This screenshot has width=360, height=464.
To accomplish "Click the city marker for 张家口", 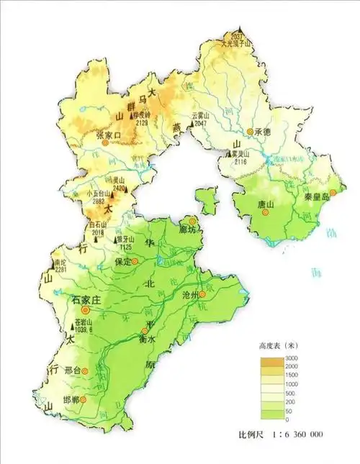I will pyautogui.click(x=106, y=143).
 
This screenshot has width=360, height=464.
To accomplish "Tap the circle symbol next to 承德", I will pyautogui.click(x=250, y=132).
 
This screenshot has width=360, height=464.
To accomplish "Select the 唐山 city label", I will pyautogui.click(x=266, y=205).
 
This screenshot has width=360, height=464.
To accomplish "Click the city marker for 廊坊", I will pyautogui.click(x=192, y=220).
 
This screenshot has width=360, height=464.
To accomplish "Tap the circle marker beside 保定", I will pyautogui.click(x=134, y=263).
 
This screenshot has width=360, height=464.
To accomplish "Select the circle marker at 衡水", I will pyautogui.click(x=144, y=331).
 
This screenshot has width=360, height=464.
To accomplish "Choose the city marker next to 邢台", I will pyautogui.click(x=85, y=371).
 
